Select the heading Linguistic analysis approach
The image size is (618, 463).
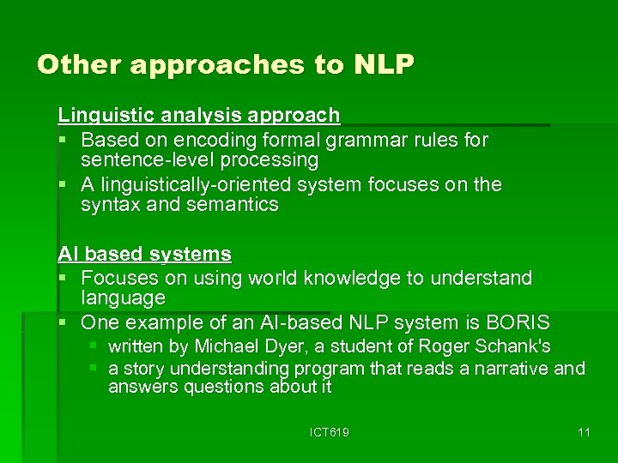pos(198,115)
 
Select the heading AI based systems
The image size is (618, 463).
pos(144,254)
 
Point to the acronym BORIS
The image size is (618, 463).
pos(518,323)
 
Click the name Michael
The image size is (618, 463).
pos(226,346)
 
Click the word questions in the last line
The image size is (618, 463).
pos(209,387)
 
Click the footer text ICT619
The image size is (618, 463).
pos(329,432)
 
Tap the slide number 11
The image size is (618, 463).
pos(584,432)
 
